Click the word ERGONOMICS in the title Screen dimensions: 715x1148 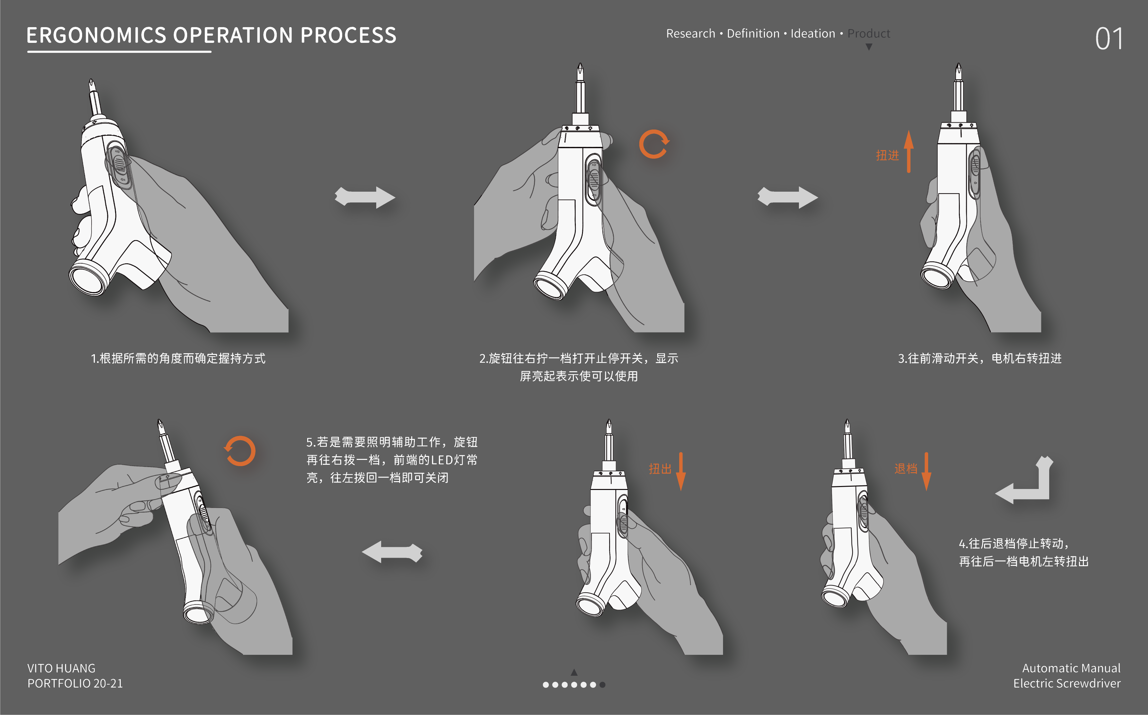[x=96, y=35]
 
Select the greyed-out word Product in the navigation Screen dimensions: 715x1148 [x=869, y=34]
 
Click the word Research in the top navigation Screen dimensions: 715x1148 [x=691, y=34]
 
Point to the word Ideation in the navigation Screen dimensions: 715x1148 [x=813, y=34]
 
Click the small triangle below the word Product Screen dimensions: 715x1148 [x=869, y=47]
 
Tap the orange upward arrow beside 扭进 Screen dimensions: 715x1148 [x=909, y=151]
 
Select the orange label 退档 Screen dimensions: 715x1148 [x=905, y=469]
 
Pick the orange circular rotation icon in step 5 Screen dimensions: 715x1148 [x=240, y=451]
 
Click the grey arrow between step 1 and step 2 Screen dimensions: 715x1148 [x=365, y=197]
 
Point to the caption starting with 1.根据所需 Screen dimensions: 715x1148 [x=178, y=358]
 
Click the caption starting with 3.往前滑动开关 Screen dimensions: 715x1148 [x=980, y=358]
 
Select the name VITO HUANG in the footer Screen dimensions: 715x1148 [x=62, y=668]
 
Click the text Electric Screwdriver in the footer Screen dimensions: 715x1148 [x=1067, y=683]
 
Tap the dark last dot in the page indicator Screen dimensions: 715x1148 [x=602, y=685]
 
